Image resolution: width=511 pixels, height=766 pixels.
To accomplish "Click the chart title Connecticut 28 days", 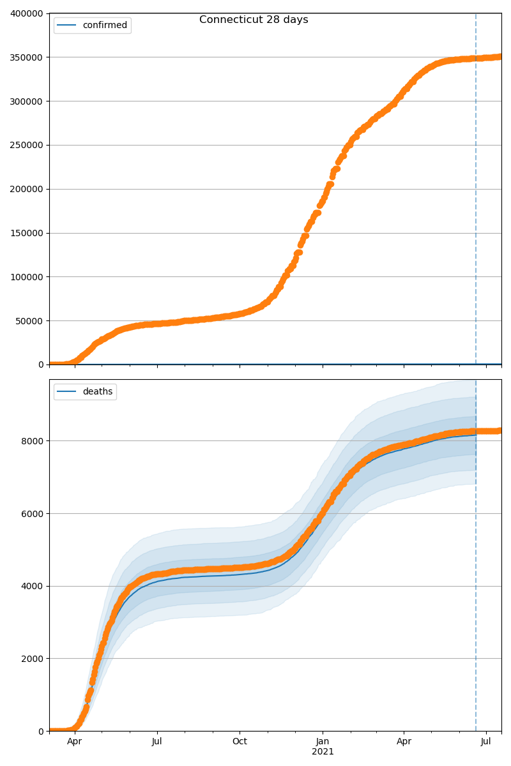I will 254,20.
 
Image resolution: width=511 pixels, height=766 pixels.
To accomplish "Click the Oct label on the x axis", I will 240,742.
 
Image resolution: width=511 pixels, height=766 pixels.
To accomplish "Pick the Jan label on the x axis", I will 323,742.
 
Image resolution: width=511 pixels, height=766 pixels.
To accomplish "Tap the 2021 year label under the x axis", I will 323,752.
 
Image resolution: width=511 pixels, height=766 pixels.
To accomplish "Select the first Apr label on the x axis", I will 75,742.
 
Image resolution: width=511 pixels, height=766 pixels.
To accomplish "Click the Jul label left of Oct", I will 157,742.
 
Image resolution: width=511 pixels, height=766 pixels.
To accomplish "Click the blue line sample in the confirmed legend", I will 67,26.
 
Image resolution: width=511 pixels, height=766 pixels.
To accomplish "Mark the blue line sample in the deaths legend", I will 67,392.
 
